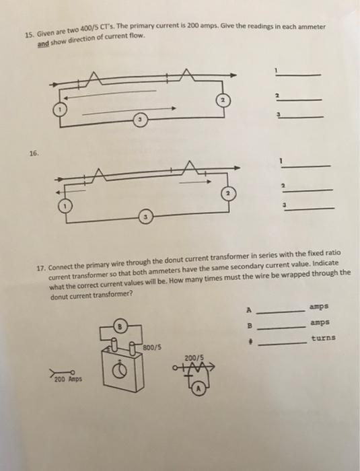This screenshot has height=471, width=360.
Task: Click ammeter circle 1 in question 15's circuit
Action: point(61,110)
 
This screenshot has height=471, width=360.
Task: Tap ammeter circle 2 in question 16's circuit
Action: point(229,193)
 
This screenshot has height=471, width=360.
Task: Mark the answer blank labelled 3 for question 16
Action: point(310,209)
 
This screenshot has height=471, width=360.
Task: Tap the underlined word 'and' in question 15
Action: point(43,42)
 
